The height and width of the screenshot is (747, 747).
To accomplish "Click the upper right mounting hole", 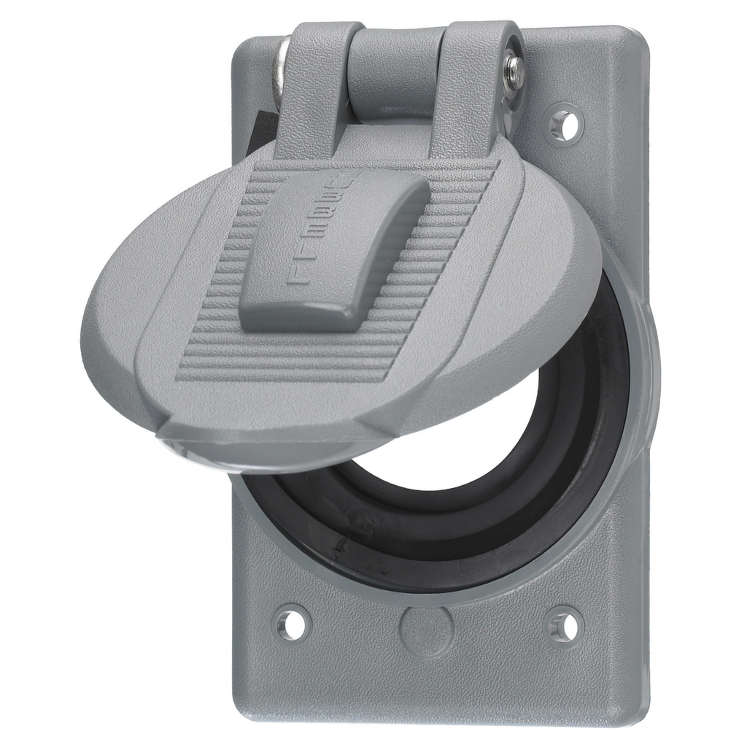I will [565, 125].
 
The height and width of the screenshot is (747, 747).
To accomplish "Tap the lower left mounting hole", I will [293, 624].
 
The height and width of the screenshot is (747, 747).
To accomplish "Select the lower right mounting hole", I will [565, 626].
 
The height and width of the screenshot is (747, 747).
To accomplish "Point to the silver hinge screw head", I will [515, 73].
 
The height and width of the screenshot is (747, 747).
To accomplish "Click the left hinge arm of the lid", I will [317, 88].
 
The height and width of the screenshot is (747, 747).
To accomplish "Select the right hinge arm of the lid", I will [474, 88].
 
